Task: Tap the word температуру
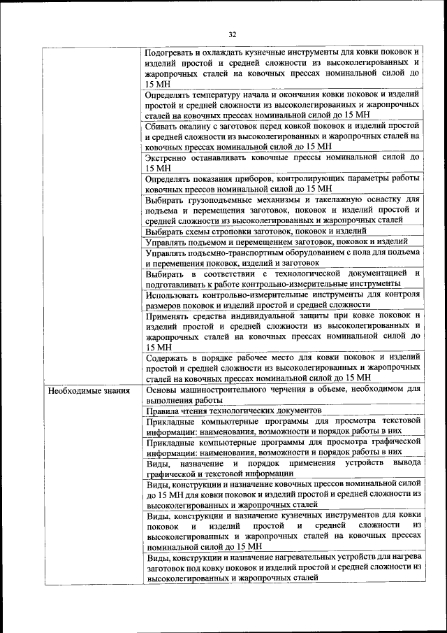point(222,94)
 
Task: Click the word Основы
point(163,390)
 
